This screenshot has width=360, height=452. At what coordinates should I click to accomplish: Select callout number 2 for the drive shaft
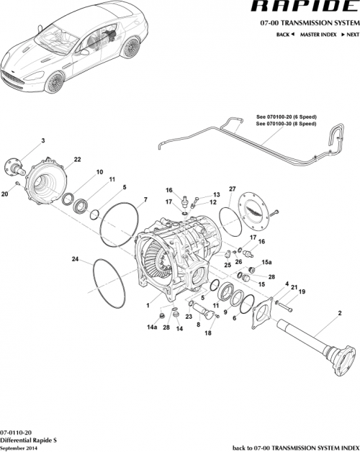pyautogui.click(x=339, y=314)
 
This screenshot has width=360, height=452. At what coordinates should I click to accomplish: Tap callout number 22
pyautogui.click(x=77, y=159)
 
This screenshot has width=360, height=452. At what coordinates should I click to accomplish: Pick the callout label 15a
pyautogui.click(x=266, y=263)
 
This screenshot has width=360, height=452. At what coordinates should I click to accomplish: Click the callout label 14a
pyautogui.click(x=152, y=327)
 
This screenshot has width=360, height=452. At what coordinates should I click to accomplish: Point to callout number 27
pyautogui.click(x=233, y=189)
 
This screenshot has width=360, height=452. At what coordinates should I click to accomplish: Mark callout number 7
pyautogui.click(x=145, y=199)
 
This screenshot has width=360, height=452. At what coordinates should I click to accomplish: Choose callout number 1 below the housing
pyautogui.click(x=148, y=305)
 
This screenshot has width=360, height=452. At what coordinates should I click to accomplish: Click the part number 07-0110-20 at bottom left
pyautogui.click(x=16, y=430)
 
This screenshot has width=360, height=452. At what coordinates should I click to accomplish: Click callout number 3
pyautogui.click(x=42, y=140)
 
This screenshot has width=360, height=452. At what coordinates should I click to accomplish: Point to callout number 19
pyautogui.click(x=302, y=291)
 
